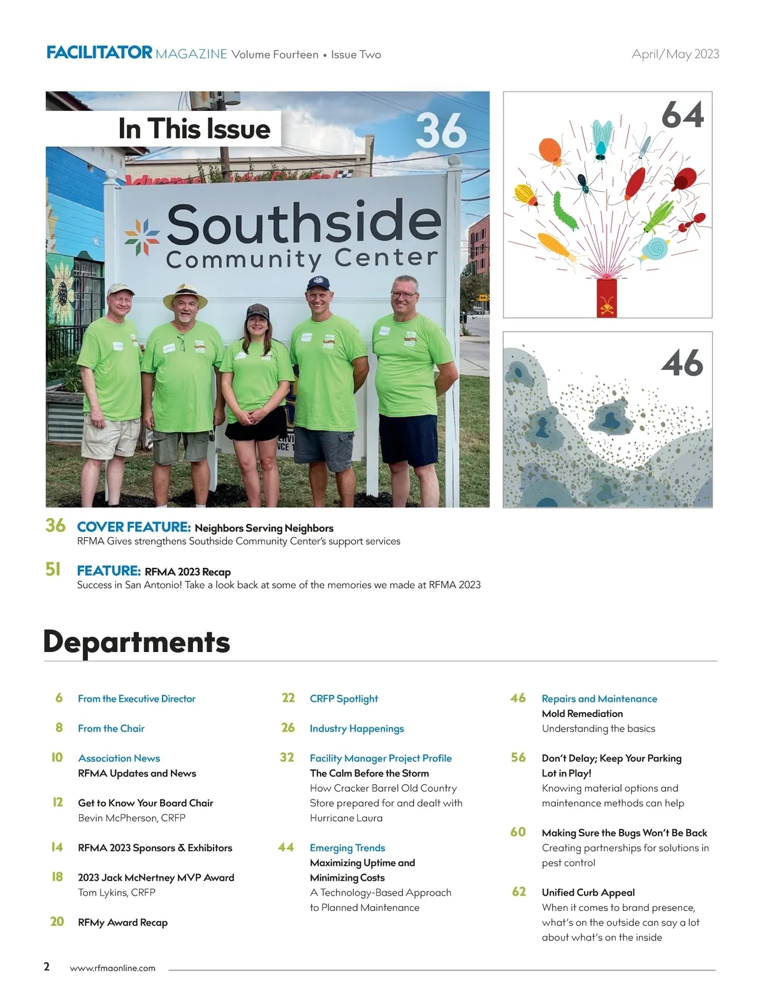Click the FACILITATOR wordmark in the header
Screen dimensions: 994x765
[99, 53]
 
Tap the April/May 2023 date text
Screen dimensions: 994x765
[675, 54]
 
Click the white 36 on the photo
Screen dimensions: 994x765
[441, 131]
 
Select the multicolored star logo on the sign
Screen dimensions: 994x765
[143, 236]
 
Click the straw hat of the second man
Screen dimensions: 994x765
[186, 295]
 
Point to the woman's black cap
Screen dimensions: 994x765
[258, 311]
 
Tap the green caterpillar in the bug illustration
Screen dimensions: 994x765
[564, 211]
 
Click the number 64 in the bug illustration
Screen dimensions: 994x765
[683, 115]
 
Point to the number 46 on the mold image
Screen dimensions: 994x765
[682, 363]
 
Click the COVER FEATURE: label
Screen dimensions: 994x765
[134, 527]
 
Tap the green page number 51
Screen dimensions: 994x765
[53, 569]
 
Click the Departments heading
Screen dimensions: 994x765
[136, 642]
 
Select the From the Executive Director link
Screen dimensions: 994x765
[136, 699]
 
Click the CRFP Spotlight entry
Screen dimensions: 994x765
[344, 699]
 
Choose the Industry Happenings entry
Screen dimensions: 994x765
[356, 729]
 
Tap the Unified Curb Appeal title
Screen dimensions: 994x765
[588, 893]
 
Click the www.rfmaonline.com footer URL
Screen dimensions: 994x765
[112, 968]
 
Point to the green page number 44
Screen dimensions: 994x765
[286, 847]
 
